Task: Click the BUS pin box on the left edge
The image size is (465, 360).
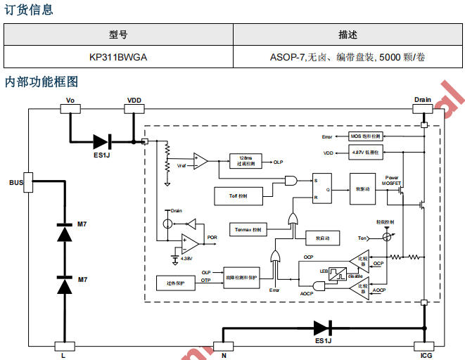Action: coord(29,181)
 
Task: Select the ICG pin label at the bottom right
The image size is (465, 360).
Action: coord(426,356)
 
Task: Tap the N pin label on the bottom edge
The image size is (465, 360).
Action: coord(224,356)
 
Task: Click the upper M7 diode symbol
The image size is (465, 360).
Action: coord(64,233)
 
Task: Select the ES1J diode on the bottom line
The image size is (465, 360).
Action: coord(322,328)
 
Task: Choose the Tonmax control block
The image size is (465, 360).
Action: coord(248,230)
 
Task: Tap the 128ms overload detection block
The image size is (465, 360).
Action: coord(246,162)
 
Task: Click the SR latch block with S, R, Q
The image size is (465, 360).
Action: coord(322,188)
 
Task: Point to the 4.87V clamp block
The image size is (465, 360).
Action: coord(366,152)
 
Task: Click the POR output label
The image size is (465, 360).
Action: coord(212,238)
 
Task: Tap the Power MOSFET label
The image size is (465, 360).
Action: coord(392,180)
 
